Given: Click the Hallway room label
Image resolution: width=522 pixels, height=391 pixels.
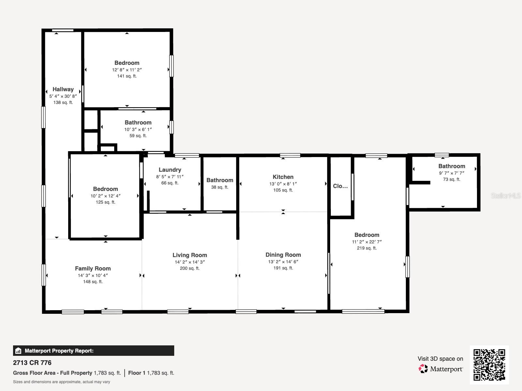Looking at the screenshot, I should (x=63, y=89).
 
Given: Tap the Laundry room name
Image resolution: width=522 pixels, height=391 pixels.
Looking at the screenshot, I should (x=170, y=170).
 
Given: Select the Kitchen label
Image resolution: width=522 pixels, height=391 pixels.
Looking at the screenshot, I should (x=283, y=177).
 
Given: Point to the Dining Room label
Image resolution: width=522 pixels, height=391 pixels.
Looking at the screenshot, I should (x=283, y=255).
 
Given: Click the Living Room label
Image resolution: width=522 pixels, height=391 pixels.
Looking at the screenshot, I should (x=190, y=255).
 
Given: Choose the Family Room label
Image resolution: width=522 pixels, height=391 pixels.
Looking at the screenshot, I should (x=93, y=268).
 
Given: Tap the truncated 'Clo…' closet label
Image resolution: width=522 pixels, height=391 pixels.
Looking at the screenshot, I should (x=340, y=186).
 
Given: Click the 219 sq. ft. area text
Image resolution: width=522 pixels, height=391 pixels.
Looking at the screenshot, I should (x=367, y=248).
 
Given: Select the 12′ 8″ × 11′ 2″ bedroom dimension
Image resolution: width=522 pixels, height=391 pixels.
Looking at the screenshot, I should (x=127, y=70).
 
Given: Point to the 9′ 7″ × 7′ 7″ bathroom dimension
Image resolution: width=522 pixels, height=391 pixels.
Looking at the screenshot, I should (x=452, y=173).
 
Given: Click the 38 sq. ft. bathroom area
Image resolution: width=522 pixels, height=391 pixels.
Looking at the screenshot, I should (x=220, y=187).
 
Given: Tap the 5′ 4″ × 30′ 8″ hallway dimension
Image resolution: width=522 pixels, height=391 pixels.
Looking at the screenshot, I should (x=63, y=96).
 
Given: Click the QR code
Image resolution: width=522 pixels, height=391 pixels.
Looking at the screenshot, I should (x=489, y=365).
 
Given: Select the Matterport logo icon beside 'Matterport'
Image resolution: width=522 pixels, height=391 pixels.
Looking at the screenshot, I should (x=423, y=369).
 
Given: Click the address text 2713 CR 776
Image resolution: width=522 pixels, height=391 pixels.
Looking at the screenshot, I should (x=32, y=363).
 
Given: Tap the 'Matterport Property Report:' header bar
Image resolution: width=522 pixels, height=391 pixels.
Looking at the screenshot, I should (x=93, y=351).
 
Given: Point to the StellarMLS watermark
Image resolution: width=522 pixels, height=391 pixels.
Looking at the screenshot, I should (x=506, y=195).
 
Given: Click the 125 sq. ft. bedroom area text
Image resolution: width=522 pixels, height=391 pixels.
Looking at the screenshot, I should (x=105, y=202).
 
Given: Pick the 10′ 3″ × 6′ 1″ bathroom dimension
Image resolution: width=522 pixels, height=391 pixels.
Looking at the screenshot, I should (x=138, y=129).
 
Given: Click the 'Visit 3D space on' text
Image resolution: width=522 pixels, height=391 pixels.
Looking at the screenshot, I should (x=440, y=359).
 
